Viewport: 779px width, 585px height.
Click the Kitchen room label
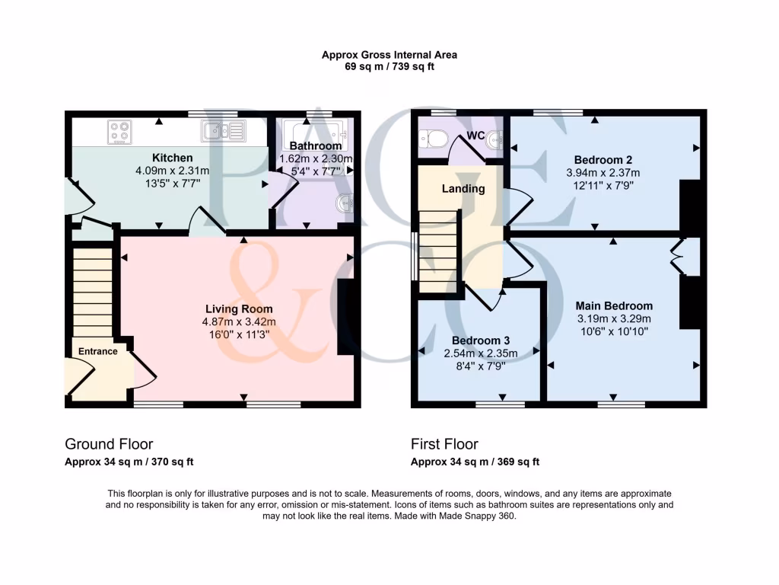click(x=167, y=158)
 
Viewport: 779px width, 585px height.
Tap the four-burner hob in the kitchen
click(x=119, y=132)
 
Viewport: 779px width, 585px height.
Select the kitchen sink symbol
click(x=224, y=131)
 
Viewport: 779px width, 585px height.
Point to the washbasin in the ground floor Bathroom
click(x=346, y=203)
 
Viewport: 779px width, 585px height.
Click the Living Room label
click(x=239, y=308)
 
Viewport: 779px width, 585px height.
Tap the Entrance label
click(x=98, y=351)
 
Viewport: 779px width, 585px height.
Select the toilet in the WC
click(x=436, y=139)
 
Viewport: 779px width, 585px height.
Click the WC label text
click(x=476, y=136)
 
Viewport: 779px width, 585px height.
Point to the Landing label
click(x=463, y=188)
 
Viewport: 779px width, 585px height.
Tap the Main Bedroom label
click(x=614, y=305)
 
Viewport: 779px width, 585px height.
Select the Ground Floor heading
click(x=109, y=444)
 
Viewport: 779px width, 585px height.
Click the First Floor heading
click(x=444, y=444)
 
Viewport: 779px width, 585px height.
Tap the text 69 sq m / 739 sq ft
click(x=389, y=66)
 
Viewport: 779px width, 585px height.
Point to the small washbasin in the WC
click(x=495, y=139)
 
